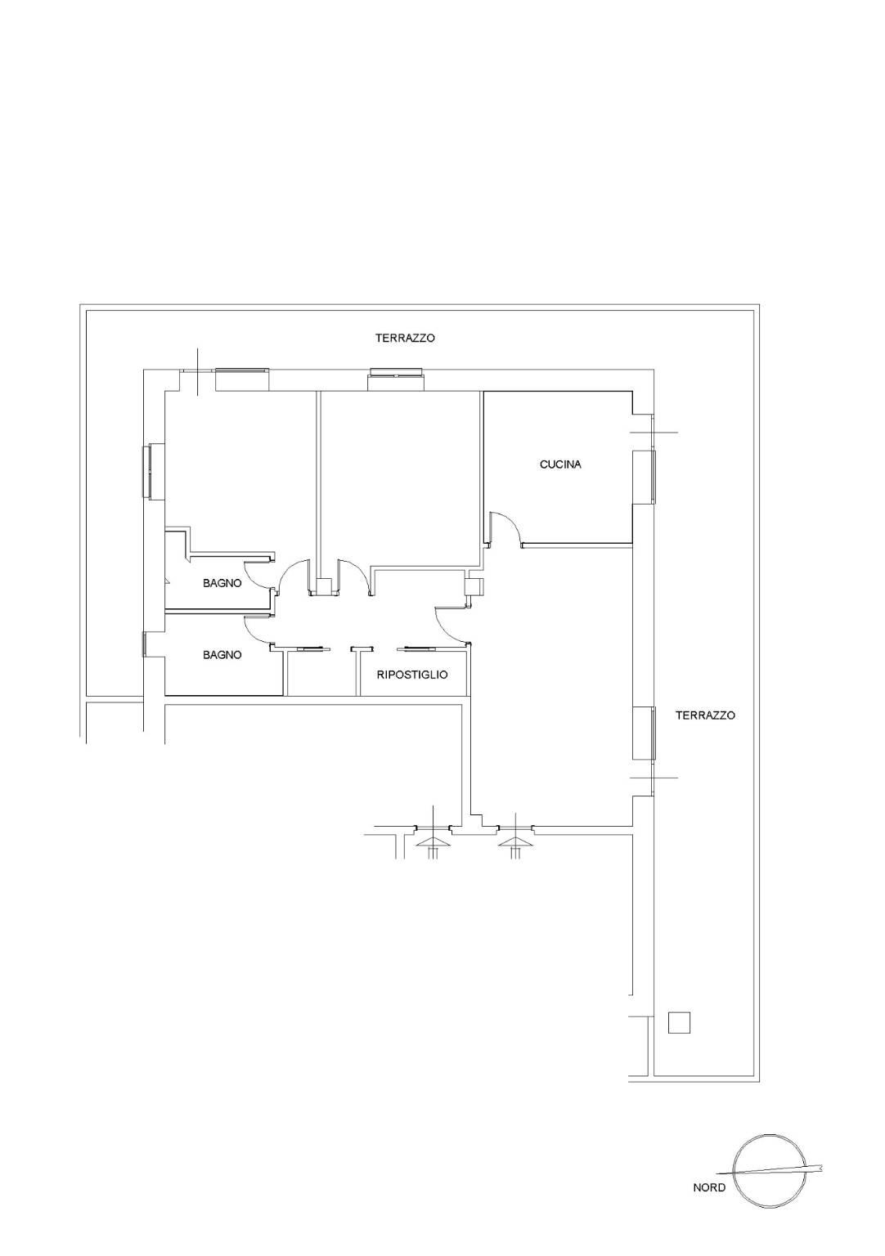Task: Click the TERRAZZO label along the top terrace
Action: tap(405, 338)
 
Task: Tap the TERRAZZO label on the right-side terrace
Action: tap(705, 715)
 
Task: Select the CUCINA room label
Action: tap(560, 464)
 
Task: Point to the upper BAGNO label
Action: tap(222, 583)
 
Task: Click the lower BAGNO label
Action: tap(222, 655)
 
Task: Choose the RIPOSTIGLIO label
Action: tap(412, 675)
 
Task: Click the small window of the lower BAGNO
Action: tap(145, 644)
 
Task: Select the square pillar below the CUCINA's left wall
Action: tap(474, 586)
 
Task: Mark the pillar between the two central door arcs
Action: tap(324, 586)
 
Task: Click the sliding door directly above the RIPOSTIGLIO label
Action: tap(416, 649)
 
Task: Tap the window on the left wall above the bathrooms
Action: tap(149, 471)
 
